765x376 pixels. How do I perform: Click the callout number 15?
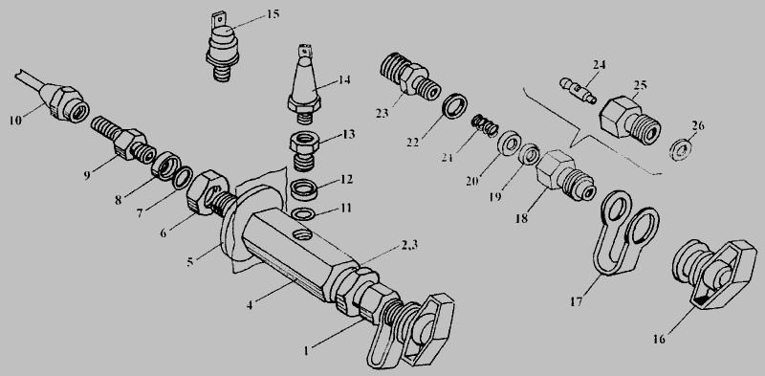click(x=273, y=13)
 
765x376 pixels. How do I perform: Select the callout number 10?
click(x=15, y=121)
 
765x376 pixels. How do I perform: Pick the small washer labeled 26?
click(x=682, y=149)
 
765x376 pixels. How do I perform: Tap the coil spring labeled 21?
click(x=484, y=125)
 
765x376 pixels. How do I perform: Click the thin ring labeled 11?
click(x=303, y=214)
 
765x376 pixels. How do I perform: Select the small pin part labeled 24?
click(x=579, y=90)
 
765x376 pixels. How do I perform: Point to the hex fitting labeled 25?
click(x=630, y=119)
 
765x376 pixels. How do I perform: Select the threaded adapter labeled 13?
click(x=303, y=151)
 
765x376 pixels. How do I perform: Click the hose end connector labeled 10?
click(x=65, y=102)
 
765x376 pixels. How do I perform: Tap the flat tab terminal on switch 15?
click(x=219, y=22)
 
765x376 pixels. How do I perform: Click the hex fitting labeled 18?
click(x=565, y=176)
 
